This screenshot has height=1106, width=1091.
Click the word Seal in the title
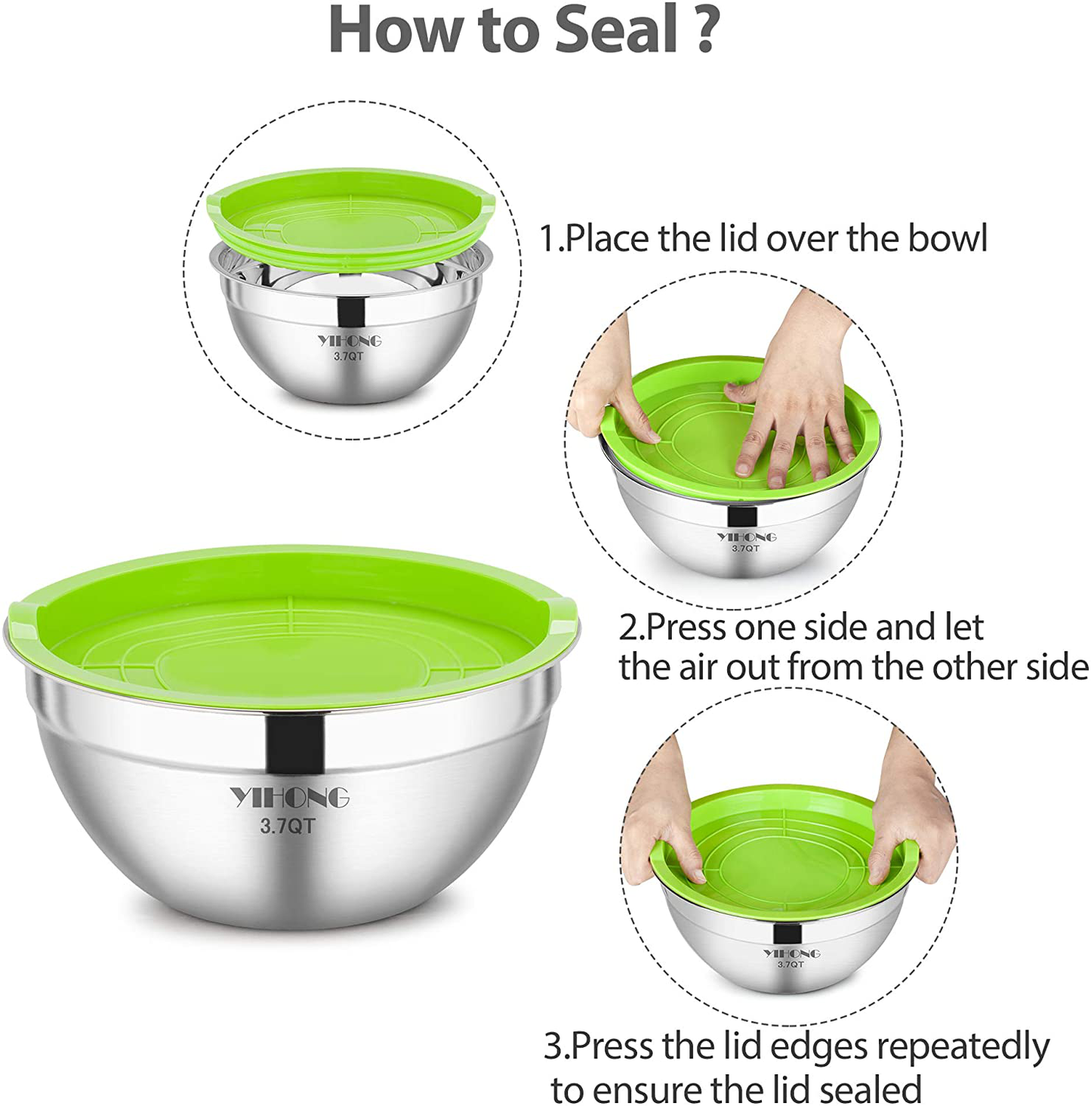[616, 30]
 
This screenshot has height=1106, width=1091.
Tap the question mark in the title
[706, 30]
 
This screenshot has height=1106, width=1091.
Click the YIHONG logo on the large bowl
[289, 797]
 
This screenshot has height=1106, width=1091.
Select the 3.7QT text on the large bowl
[287, 826]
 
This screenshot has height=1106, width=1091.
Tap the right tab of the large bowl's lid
[563, 614]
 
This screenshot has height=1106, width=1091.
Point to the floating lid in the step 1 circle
[351, 215]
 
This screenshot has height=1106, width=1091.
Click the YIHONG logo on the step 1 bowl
[349, 341]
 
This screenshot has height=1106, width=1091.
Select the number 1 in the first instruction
[547, 239]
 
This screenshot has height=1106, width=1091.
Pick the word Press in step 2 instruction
[684, 628]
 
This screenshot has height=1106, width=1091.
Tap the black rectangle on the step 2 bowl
[742, 517]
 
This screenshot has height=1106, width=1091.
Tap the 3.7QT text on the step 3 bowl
[791, 964]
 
